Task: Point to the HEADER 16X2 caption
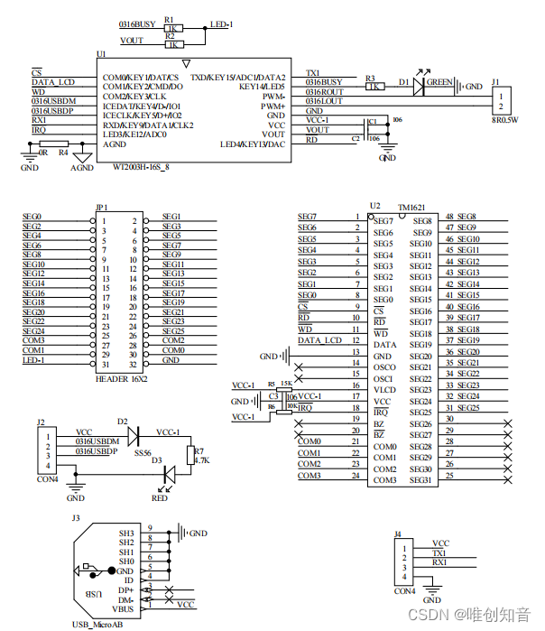click(121, 379)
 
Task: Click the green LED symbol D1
click(418, 88)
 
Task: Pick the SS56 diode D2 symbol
click(134, 436)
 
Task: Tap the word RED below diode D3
click(160, 496)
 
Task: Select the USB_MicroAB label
click(97, 624)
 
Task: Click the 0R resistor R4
click(54, 144)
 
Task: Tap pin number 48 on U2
click(449, 217)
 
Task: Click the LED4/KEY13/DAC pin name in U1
click(253, 144)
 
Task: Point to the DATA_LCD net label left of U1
click(53, 82)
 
